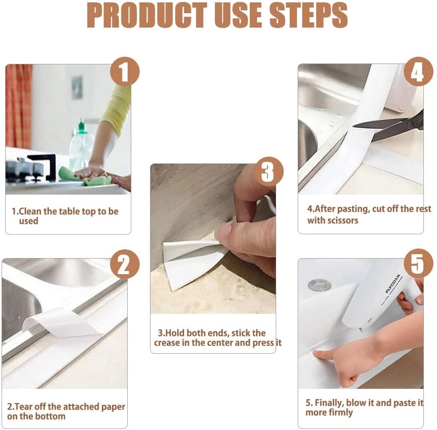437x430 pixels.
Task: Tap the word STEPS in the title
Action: (307, 16)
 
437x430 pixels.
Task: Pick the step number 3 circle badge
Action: (269, 172)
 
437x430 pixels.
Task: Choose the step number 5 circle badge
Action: (418, 264)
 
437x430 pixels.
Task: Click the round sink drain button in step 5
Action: (319, 285)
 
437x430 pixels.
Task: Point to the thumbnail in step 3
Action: (224, 232)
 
